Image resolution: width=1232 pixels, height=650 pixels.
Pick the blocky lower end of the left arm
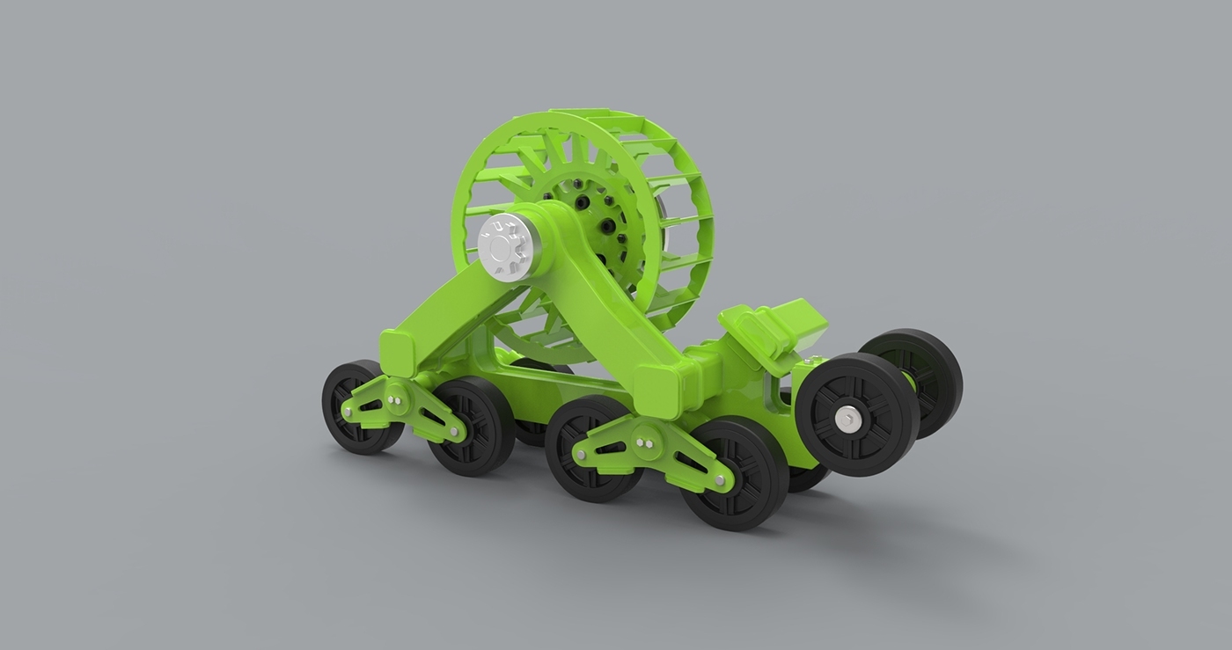tap(400, 352)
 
